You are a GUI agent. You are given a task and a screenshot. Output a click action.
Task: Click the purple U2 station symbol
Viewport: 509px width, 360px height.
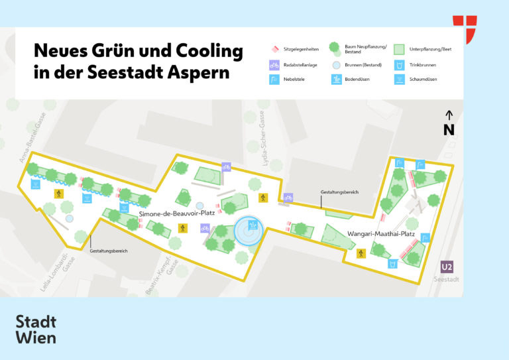coord(447,267)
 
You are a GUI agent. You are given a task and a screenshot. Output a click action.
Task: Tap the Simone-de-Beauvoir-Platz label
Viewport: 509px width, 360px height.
coord(177,213)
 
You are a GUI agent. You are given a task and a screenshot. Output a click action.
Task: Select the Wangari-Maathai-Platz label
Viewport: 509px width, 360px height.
coord(381,234)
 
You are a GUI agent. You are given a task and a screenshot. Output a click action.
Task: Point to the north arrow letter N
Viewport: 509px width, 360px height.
coord(449,130)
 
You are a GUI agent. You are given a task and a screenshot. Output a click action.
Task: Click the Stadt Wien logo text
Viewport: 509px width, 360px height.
coord(36,330)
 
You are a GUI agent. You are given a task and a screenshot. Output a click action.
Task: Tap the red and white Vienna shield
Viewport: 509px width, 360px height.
coord(465,29)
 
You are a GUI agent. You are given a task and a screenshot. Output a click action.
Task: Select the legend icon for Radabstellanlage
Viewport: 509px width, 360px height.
coord(274,65)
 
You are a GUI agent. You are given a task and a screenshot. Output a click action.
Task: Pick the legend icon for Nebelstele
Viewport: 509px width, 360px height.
coord(274,80)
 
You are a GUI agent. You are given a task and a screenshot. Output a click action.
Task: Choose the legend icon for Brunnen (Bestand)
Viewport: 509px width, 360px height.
coord(335,65)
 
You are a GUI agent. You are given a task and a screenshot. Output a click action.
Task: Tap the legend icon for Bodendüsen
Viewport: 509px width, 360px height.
coord(335,80)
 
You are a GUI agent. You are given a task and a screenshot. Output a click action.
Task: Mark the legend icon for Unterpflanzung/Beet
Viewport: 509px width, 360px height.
coord(399,49)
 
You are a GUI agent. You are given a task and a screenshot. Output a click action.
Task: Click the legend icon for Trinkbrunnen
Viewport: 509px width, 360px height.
coord(399,65)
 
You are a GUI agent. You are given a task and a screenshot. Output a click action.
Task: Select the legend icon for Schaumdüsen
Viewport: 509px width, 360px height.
coord(399,80)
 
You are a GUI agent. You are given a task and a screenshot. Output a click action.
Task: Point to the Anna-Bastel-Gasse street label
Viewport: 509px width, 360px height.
coord(30,147)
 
